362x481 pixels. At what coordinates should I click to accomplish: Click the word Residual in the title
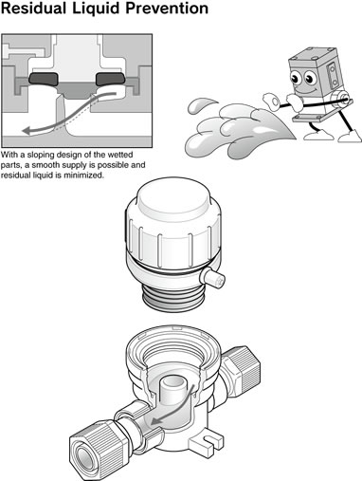pos(34,8)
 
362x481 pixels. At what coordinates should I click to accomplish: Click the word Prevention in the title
pos(167,8)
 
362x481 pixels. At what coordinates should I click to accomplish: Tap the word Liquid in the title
pos(97,9)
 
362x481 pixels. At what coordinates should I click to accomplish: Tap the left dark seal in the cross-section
pos(44,79)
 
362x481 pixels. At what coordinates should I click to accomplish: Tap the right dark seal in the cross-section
pos(110,79)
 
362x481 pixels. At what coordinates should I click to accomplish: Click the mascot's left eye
pos(296,78)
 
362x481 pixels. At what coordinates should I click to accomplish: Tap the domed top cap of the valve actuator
pos(174,198)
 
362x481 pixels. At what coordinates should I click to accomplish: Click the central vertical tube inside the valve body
pos(173,391)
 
